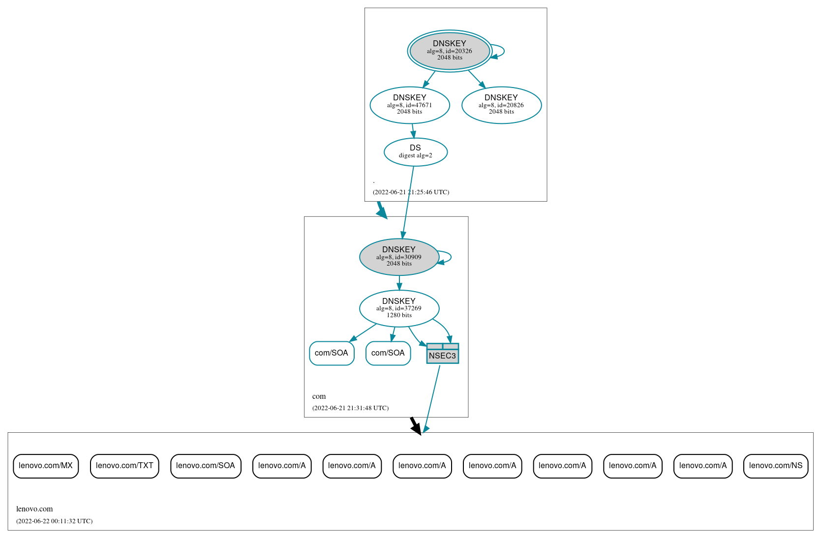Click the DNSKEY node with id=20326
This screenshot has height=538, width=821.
449,51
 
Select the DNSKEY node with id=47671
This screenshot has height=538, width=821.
409,105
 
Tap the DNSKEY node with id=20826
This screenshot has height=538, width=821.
501,105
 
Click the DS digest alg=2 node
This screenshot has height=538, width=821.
415,152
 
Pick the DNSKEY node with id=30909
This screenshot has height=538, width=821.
399,257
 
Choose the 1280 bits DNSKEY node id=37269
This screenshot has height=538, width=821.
399,308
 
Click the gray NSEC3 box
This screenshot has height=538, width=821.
442,354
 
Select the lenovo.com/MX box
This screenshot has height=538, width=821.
46,466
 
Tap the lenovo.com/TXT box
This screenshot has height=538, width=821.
124,466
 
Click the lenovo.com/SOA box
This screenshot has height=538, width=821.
206,466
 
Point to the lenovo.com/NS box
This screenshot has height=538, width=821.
775,466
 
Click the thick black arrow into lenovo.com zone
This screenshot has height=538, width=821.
416,426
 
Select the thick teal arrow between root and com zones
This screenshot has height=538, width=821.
381,210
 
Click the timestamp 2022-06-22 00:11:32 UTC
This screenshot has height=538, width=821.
54,521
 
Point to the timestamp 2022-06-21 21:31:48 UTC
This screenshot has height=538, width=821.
350,408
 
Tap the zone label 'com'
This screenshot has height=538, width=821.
319,396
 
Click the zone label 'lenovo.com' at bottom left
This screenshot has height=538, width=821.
34,509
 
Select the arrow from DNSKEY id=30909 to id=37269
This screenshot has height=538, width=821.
399,283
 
